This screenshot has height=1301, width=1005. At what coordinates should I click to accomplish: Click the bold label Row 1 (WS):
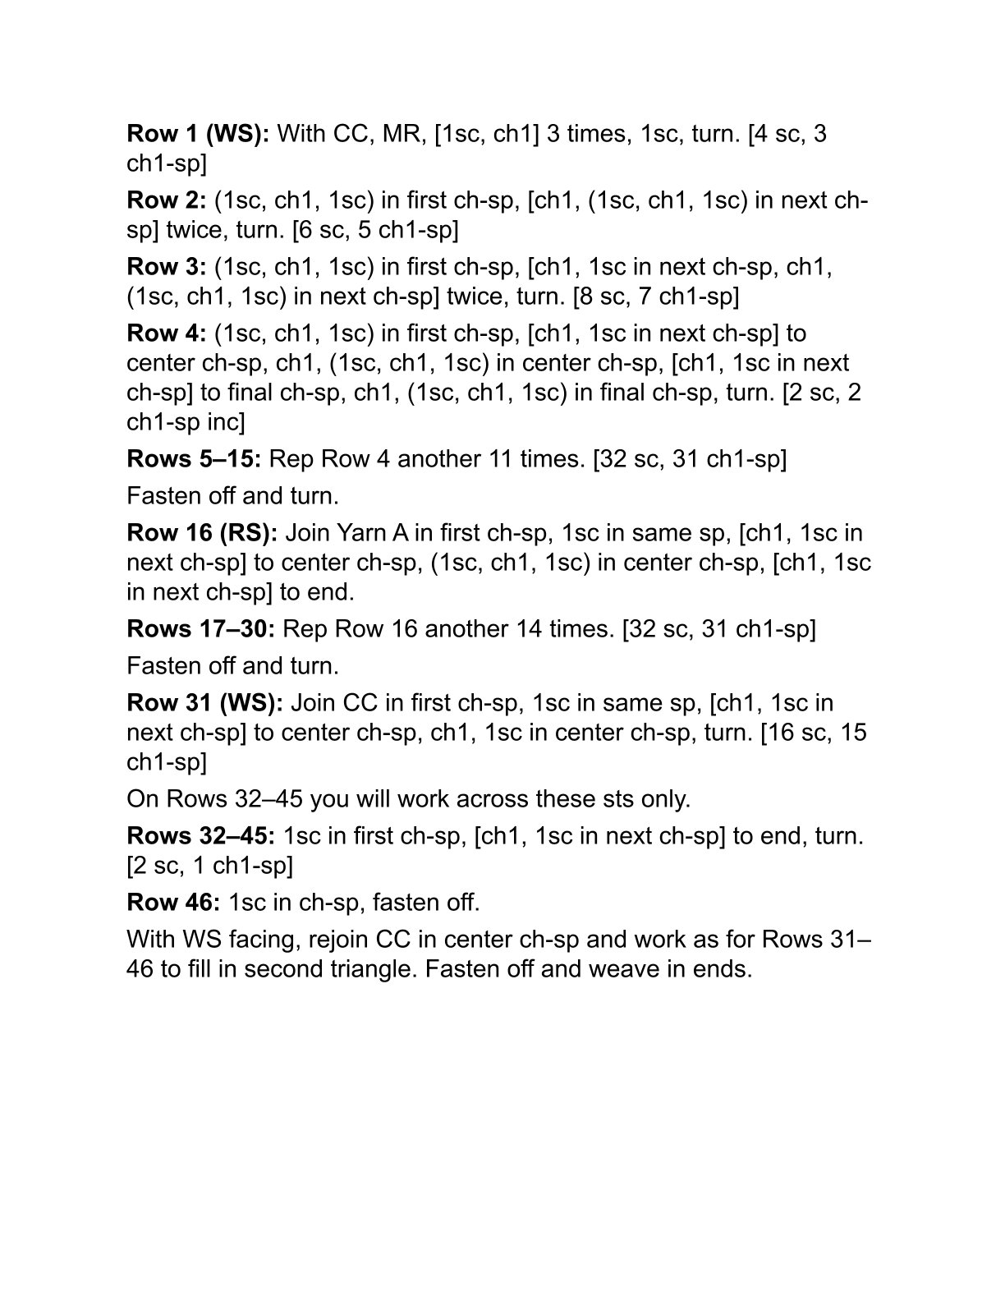pos(198,134)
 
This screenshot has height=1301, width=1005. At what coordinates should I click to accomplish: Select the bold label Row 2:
pos(167,200)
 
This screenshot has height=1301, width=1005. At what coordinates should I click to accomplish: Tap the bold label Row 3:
pos(167,267)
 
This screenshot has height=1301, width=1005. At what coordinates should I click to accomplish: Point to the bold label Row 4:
pos(167,333)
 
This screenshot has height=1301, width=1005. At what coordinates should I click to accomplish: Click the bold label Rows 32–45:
pos(201,836)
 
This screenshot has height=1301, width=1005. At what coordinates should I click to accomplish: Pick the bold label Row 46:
pos(173,903)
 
